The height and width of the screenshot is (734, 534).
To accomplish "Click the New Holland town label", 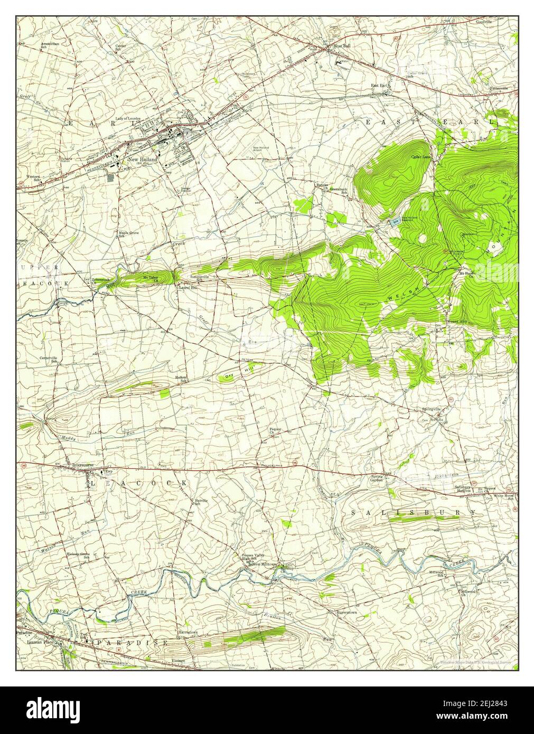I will pos(140,159).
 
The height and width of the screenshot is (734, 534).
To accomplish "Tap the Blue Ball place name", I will pos(341,46).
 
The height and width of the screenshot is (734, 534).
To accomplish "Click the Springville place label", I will pos(431,409).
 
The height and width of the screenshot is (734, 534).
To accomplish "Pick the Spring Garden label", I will pos(376,478).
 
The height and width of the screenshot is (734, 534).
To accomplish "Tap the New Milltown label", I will pos(265,564).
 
